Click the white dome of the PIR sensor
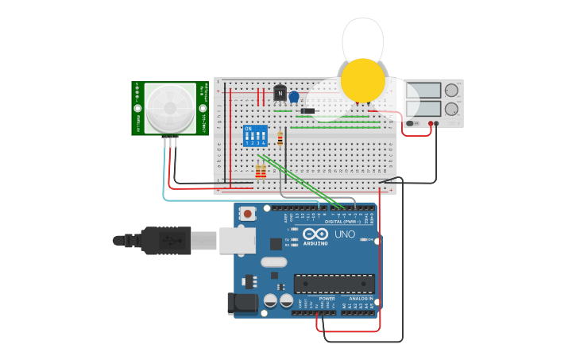pos(170,109)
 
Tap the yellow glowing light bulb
pos(363,79)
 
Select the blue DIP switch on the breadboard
pos(254,136)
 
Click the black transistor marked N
pos(280,94)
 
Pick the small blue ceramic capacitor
pos(294,97)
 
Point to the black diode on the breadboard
pos(307,110)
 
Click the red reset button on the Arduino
pos(249,213)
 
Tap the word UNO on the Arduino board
pos(345,234)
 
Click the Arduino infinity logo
pos(315,234)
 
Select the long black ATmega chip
pos(334,284)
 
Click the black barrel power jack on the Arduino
pos(242,303)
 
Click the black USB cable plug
pos(166,240)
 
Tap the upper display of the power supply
pos(423,91)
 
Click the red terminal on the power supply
pos(430,123)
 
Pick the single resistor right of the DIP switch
pos(280,138)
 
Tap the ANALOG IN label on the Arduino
pos(361,298)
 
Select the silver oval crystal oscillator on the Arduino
pos(273,262)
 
